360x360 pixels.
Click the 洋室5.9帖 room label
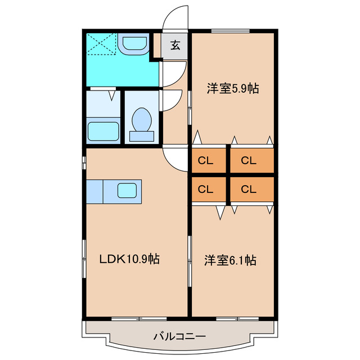(232, 88)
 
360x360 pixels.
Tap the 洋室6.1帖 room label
(231, 260)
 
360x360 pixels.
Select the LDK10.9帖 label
(129, 259)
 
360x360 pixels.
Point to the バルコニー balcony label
(180, 337)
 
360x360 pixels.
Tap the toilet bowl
(141, 120)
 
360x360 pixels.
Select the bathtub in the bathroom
(104, 130)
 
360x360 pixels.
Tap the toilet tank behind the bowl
(141, 136)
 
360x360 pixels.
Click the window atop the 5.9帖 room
(232, 30)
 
